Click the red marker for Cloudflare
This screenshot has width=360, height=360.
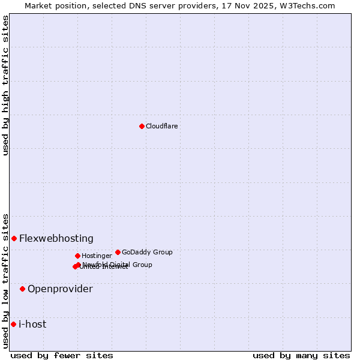click(142, 126)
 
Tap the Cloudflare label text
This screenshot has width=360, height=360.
click(162, 126)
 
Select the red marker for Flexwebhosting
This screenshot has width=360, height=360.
click(14, 238)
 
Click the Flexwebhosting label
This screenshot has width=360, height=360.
click(56, 238)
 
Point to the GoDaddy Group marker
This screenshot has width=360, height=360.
click(118, 252)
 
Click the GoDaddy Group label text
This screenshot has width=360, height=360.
click(147, 252)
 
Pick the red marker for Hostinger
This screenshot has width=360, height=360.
click(77, 256)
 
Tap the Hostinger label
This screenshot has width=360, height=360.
click(97, 256)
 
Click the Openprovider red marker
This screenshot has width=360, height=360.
click(22, 289)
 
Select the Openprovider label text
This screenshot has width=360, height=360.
click(60, 289)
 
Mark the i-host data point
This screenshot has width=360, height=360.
click(13, 324)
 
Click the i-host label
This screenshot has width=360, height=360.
click(32, 324)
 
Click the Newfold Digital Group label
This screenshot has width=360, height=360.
click(118, 264)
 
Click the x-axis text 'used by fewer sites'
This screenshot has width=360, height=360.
click(62, 355)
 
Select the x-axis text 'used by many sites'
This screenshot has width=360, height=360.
click(301, 355)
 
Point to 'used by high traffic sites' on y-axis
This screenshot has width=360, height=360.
click(5, 85)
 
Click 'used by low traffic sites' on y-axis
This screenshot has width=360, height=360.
click(5, 280)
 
